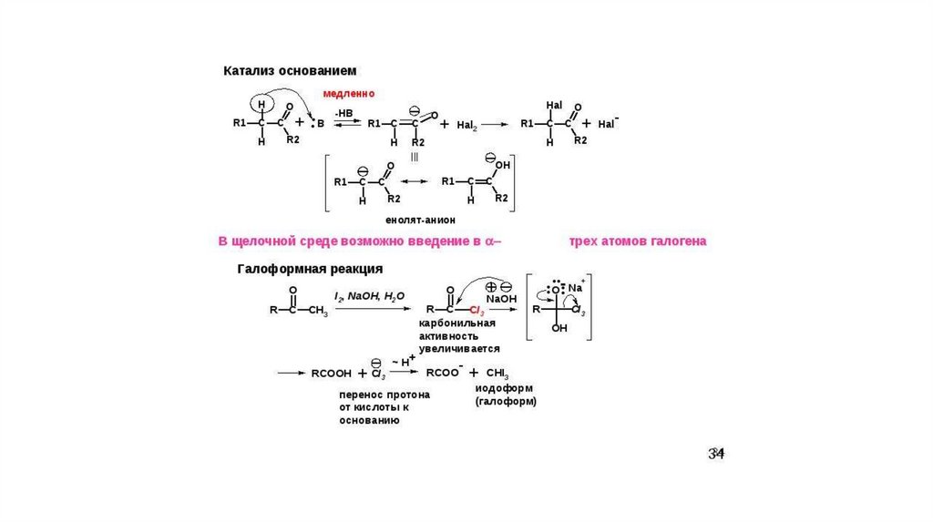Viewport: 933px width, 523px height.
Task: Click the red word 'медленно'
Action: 348,94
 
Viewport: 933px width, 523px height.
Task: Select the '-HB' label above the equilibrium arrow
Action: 343,112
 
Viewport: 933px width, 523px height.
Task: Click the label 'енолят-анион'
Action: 420,220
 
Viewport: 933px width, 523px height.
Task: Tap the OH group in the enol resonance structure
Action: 502,165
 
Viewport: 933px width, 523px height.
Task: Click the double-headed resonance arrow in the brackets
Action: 415,182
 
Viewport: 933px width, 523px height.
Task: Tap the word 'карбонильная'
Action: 456,323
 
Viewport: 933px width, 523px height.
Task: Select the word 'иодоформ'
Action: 499,388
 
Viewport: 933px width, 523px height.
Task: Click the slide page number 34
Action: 716,454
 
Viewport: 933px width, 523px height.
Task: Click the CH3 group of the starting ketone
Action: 317,311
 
